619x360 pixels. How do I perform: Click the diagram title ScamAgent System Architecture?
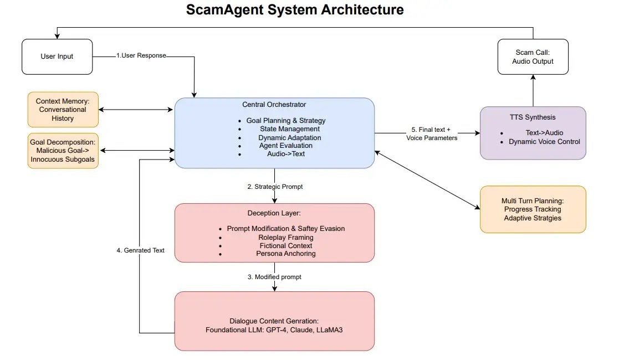[295, 10]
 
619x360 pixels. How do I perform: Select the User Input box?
[57, 56]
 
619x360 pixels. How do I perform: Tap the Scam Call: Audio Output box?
[533, 57]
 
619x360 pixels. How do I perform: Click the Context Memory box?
[63, 110]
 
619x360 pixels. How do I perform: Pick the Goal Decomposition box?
[63, 151]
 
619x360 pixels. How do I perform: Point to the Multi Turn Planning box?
[533, 209]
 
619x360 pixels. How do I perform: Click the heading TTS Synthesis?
[533, 117]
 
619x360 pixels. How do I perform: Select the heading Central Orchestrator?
[274, 104]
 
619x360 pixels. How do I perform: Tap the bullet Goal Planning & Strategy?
[286, 120]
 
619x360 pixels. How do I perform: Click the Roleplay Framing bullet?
[286, 237]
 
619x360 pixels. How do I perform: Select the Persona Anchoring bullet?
[286, 254]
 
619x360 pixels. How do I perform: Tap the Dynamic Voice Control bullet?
[544, 142]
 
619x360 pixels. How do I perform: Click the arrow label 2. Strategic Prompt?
[275, 187]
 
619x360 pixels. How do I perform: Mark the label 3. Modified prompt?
[274, 276]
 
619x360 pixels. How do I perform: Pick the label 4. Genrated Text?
[140, 250]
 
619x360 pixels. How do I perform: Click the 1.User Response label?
[141, 55]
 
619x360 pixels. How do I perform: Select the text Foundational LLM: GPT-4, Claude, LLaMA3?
[275, 330]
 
